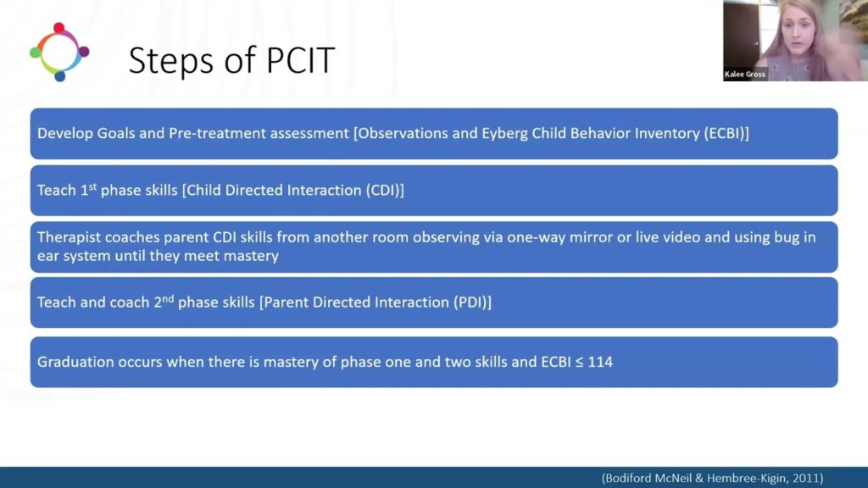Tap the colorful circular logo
click(59, 52)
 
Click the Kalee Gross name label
click(745, 75)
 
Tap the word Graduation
click(75, 362)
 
